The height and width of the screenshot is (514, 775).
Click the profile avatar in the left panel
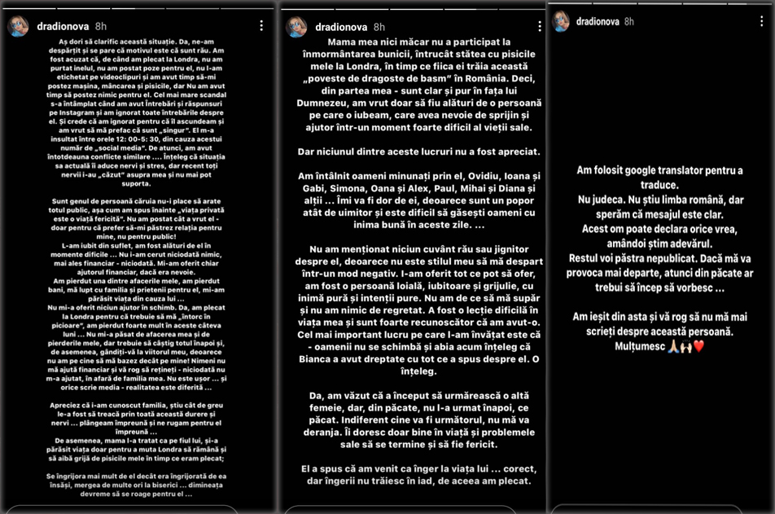pyautogui.click(x=18, y=27)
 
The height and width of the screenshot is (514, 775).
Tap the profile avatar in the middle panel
pyautogui.click(x=296, y=27)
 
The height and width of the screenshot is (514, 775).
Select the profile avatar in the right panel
pyautogui.click(x=561, y=21)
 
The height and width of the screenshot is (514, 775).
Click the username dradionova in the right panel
pyautogui.click(x=597, y=21)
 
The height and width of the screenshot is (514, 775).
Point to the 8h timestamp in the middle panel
pyautogui.click(x=379, y=27)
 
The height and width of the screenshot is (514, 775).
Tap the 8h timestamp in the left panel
pyautogui.click(x=100, y=27)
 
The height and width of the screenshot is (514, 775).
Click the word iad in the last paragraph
pyautogui.click(x=437, y=481)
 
